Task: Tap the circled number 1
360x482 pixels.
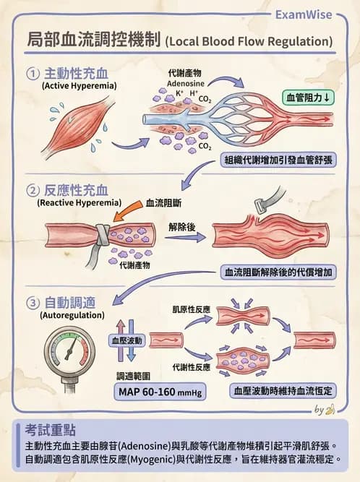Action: pyautogui.click(x=33, y=74)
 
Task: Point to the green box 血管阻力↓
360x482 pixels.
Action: pyautogui.click(x=308, y=98)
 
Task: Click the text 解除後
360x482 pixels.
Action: pyautogui.click(x=182, y=226)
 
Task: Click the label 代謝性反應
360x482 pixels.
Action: pyautogui.click(x=191, y=367)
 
